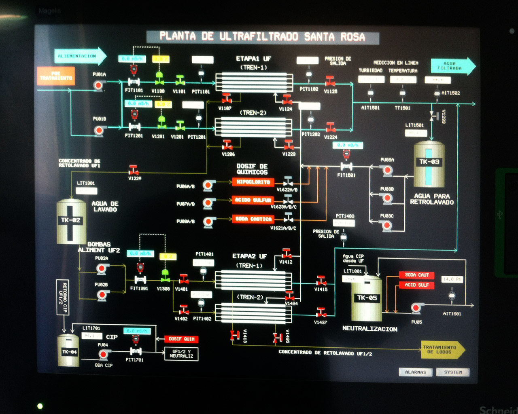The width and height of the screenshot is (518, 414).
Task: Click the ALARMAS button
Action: (416, 372)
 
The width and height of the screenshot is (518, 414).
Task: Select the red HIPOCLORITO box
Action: (253, 182)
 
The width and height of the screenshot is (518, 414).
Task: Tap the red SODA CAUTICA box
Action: (253, 219)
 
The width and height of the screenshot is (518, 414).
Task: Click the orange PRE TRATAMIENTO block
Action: (56, 76)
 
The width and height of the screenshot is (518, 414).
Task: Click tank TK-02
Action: (71, 222)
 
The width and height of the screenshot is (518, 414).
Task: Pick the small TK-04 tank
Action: (69, 351)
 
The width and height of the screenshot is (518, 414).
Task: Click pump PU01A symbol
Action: (98, 85)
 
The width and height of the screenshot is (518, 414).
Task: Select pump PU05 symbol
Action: (416, 308)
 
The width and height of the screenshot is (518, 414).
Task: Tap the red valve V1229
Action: (134, 170)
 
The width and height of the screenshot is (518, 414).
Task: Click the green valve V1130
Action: (159, 78)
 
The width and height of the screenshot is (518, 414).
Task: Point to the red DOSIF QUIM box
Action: (181, 339)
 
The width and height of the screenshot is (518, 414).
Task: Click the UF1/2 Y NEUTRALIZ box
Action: (181, 354)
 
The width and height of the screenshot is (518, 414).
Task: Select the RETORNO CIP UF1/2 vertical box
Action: (63, 297)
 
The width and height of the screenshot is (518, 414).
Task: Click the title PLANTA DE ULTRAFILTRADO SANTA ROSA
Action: (262, 37)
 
